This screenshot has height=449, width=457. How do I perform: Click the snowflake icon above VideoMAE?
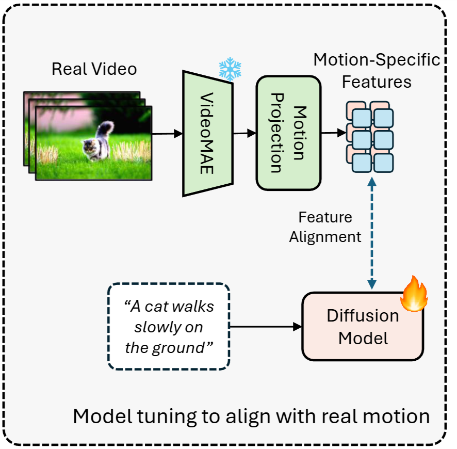(231, 69)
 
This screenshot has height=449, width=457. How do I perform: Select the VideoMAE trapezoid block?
(207, 133)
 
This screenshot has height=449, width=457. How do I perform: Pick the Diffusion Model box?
(363, 326)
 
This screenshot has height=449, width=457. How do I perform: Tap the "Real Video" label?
(94, 69)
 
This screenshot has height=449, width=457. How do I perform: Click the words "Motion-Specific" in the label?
(377, 60)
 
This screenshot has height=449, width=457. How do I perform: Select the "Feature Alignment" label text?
(325, 227)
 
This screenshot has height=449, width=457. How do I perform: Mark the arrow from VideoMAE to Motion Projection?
(244, 133)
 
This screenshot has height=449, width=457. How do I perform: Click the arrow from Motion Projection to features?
(333, 133)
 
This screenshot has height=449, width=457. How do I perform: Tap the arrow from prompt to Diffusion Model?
(265, 327)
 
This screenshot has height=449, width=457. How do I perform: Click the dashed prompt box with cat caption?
(169, 326)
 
